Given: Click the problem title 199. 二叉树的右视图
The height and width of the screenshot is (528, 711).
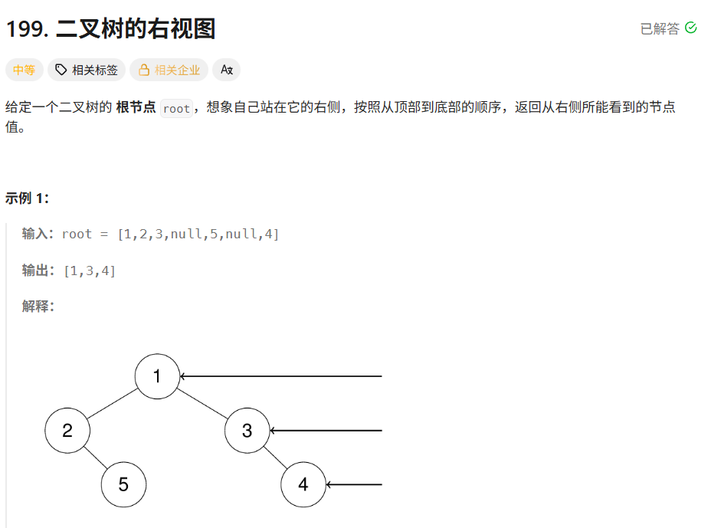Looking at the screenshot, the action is pyautogui.click(x=110, y=29).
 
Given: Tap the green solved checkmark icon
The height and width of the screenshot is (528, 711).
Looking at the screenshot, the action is pyautogui.click(x=690, y=28).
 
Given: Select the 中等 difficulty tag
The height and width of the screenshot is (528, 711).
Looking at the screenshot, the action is pyautogui.click(x=24, y=71).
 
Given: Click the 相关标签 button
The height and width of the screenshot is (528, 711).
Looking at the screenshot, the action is pyautogui.click(x=87, y=71).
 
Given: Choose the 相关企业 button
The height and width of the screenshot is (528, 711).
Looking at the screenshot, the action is pyautogui.click(x=169, y=71).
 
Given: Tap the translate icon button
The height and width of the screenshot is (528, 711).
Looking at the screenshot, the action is pyautogui.click(x=226, y=71).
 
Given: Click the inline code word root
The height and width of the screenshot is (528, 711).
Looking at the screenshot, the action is pyautogui.click(x=176, y=108).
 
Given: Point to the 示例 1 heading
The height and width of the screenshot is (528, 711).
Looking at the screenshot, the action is pyautogui.click(x=27, y=198).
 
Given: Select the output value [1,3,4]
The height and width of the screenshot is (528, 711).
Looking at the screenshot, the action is pyautogui.click(x=90, y=271).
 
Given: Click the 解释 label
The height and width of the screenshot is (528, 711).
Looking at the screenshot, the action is pyautogui.click(x=38, y=307).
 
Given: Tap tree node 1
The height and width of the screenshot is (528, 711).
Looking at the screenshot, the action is pyautogui.click(x=157, y=376).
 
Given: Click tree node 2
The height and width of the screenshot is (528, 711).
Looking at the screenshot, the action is pyautogui.click(x=67, y=431).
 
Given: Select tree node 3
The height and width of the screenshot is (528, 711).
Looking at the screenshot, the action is pyautogui.click(x=247, y=431).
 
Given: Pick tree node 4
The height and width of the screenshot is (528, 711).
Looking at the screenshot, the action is pyautogui.click(x=303, y=484).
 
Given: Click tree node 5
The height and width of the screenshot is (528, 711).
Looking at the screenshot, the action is pyautogui.click(x=123, y=484).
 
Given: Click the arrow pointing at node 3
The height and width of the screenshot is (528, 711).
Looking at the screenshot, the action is pyautogui.click(x=326, y=431).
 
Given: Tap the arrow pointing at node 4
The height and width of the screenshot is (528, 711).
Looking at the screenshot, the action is pyautogui.click(x=354, y=484).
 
